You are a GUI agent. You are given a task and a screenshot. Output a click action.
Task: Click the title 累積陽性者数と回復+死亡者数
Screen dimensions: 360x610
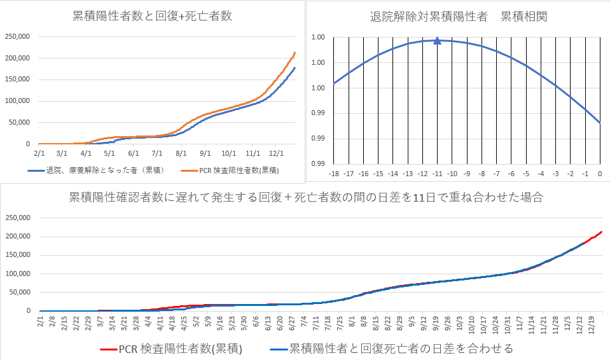pos(151,17)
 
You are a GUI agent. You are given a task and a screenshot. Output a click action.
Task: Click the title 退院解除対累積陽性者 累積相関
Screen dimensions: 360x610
pos(458,17)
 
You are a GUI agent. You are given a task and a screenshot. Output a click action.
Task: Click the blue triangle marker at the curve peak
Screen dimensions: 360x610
pos(438,41)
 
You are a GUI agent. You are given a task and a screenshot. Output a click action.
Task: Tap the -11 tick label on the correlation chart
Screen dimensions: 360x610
pos(437,173)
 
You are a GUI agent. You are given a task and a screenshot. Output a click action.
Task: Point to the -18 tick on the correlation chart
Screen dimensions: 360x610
pos(333,173)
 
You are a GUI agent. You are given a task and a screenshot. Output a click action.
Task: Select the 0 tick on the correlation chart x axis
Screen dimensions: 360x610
pos(600,173)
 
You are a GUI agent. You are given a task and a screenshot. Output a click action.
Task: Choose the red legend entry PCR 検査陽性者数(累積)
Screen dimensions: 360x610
pos(172,349)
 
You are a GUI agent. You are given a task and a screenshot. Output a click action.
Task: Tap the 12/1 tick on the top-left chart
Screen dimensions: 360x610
pos(276,153)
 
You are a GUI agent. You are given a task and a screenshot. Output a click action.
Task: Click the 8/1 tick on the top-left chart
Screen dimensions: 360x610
pos(181,153)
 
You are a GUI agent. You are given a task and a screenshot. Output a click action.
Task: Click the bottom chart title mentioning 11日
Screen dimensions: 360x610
pos(306,197)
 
